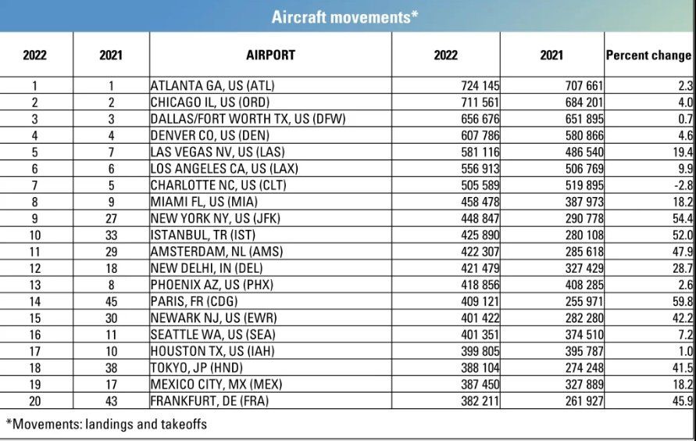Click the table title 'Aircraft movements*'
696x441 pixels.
(344, 17)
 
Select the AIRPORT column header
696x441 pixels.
(270, 56)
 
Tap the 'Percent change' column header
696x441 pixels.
(648, 56)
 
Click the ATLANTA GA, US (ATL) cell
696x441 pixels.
(212, 85)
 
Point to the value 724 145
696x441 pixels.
(480, 85)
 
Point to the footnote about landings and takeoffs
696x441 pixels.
(106, 425)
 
